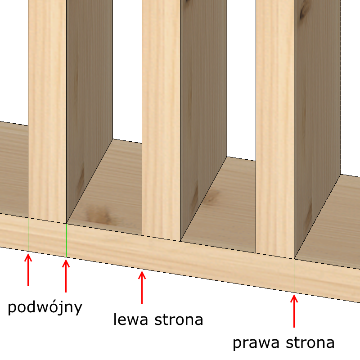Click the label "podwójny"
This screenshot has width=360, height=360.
[x=45, y=308]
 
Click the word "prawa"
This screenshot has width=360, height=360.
[x=255, y=343]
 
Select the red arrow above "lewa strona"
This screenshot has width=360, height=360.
[x=142, y=286]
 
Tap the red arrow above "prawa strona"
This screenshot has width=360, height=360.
[x=294, y=310]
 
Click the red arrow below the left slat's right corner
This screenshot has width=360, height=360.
[x=66, y=274]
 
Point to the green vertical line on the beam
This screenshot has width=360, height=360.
[x=28, y=234]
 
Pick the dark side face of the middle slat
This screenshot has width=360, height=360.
[x=202, y=112]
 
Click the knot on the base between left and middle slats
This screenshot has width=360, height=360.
[x=100, y=215]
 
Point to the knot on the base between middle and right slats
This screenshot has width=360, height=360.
[x=211, y=197]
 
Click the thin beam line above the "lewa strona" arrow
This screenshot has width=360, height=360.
[x=142, y=252]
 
